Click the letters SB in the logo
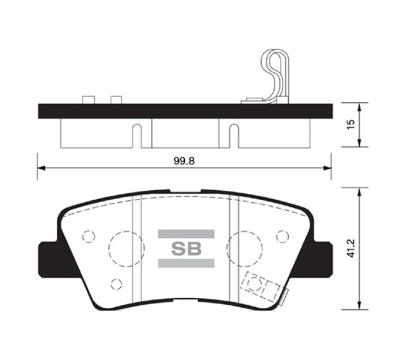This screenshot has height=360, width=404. pos(186,249)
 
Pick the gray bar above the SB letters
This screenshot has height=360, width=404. pos(186,234)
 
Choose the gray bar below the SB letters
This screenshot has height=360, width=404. pos(186,263)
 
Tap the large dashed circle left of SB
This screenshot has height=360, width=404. pos(124,248)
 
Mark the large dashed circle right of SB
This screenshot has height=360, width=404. pos(244,248)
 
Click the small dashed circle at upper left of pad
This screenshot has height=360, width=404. pos(87,237)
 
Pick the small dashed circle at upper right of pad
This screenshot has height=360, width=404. pos(281,236)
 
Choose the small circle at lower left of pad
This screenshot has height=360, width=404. pos(116,283)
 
